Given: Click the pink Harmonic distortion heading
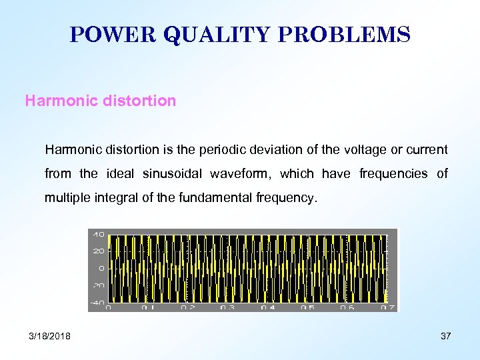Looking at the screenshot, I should pos(101,101).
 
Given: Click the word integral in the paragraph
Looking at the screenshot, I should pos(110,197).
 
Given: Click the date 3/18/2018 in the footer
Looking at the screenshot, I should pos(50,336).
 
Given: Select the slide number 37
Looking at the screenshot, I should pos(445,336).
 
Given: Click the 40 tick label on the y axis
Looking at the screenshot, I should pos(98,235).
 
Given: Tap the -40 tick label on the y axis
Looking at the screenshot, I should pos(97,302).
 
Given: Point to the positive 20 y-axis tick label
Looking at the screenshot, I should pos(98,251).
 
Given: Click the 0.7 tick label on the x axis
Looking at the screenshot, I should pos(388,308).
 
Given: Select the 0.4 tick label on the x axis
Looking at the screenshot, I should pos(269,308).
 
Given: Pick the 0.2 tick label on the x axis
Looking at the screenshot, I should pos(189,308).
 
